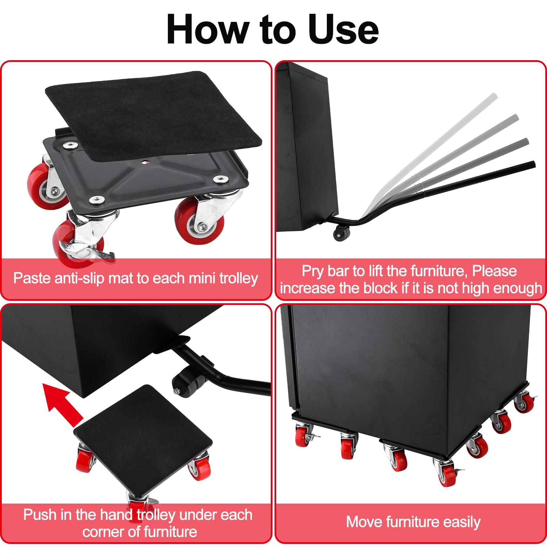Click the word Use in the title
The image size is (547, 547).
click(343, 29)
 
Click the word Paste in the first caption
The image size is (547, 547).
click(32, 278)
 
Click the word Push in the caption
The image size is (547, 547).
click(40, 515)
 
